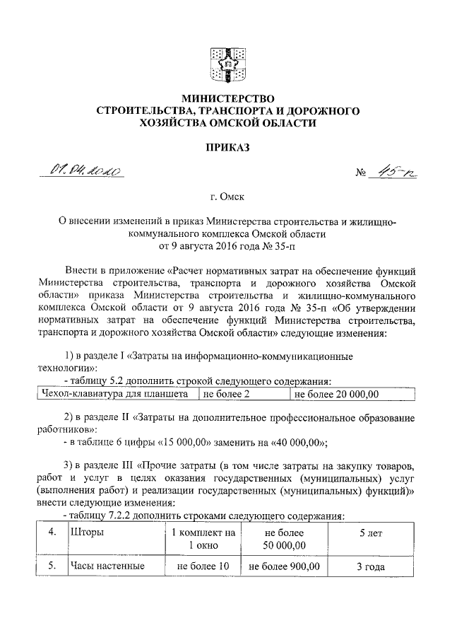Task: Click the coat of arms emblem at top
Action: click(227, 64)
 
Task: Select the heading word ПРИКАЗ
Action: click(227, 147)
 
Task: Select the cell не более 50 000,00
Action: click(284, 538)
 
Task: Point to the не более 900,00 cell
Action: click(284, 566)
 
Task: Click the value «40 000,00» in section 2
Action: click(296, 443)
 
